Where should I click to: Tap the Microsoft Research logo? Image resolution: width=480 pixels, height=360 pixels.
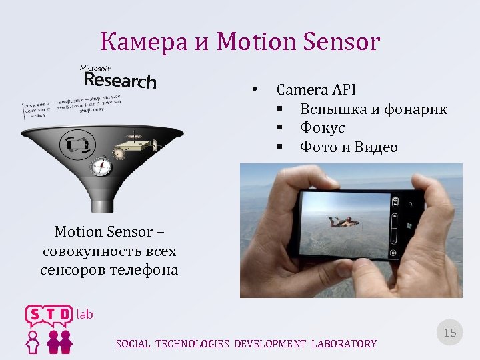[x=119, y=77]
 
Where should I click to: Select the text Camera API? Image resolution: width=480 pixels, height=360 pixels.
[x=317, y=90]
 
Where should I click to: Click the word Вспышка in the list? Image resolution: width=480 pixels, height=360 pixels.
[x=334, y=109]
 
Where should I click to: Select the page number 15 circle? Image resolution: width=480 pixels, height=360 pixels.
[x=450, y=332]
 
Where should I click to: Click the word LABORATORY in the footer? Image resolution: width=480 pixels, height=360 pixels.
[x=343, y=344]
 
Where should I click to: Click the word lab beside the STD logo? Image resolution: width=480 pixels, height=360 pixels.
[x=85, y=313]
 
